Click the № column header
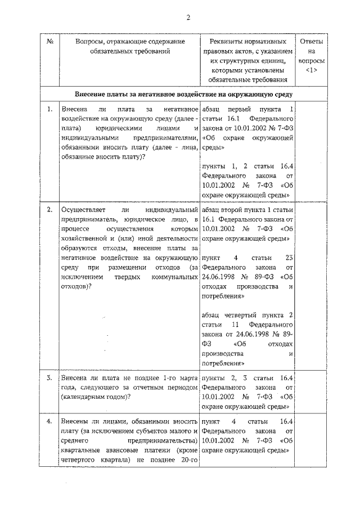pos(49,42)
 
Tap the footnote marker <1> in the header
pos(312,70)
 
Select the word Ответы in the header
pos(312,42)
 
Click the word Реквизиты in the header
pos(227,42)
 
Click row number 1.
pos(50,108)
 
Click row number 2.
pos(50,210)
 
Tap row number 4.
pos(50,421)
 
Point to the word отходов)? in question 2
pos(76,286)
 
